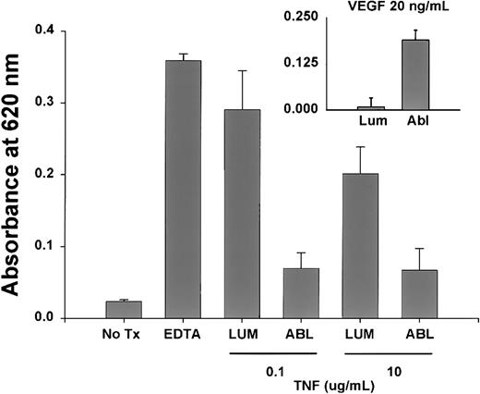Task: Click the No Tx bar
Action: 123,310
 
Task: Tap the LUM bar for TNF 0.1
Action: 241,214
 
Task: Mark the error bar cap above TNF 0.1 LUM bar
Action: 241,71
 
